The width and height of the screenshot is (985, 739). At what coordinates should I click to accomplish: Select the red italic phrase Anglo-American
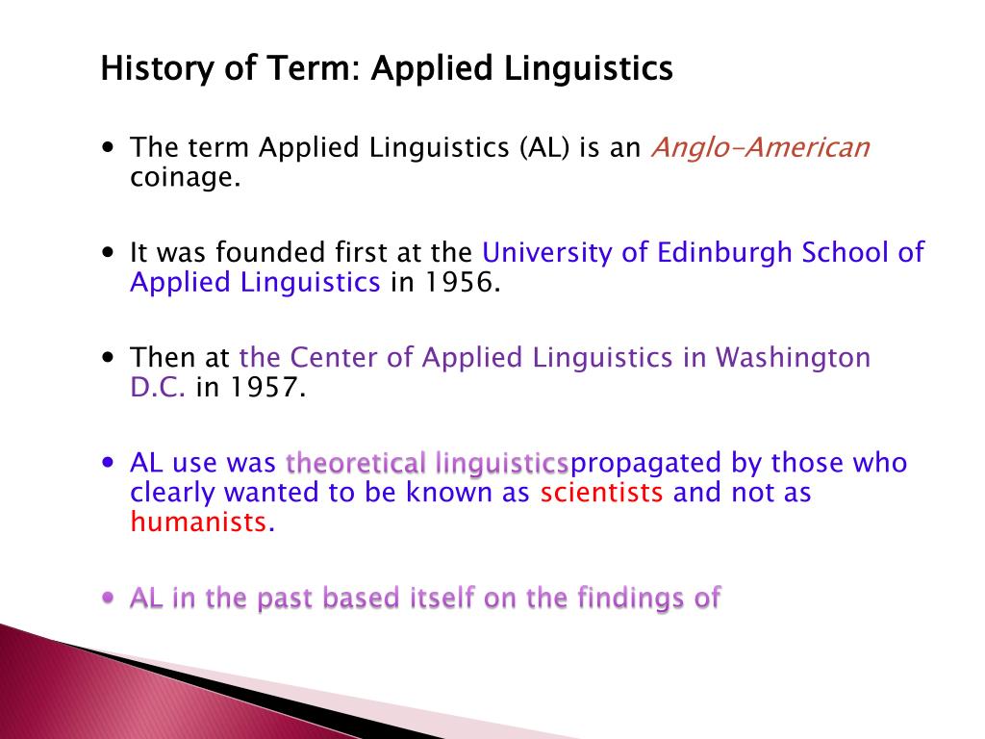760,147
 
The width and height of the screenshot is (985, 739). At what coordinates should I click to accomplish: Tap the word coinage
185,178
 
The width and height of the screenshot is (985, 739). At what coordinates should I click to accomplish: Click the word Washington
792,358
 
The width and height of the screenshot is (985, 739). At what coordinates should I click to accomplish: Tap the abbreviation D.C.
158,388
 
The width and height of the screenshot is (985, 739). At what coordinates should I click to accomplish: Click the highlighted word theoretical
356,464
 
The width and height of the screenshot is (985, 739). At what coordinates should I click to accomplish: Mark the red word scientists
601,494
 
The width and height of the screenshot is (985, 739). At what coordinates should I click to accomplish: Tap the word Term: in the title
319,69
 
